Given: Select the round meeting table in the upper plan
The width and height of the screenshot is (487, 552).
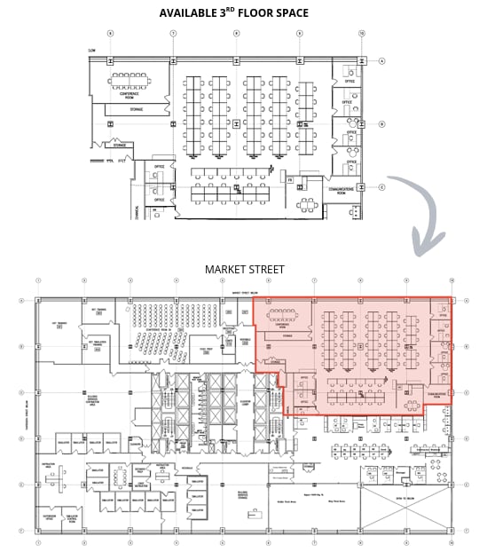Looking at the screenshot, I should click(308, 204).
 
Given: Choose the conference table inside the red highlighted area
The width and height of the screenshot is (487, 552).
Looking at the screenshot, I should click(285, 314).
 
